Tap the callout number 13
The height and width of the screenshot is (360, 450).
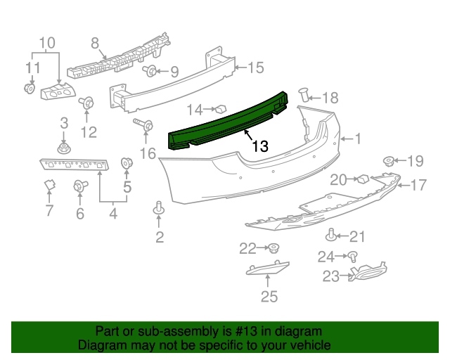click(259, 146)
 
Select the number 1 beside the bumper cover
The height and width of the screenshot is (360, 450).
click(357, 139)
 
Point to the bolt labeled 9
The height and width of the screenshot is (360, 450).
click(150, 70)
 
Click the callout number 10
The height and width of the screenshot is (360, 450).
click(46, 44)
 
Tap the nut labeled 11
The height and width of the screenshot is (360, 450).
click(30, 88)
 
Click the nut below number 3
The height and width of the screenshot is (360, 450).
click(63, 148)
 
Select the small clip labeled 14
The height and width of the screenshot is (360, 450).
click(219, 108)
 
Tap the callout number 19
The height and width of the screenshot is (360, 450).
click(416, 161)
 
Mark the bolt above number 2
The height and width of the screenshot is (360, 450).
click(159, 208)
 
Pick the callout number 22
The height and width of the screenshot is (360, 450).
click(247, 247)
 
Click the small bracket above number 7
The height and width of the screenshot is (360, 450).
click(49, 186)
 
